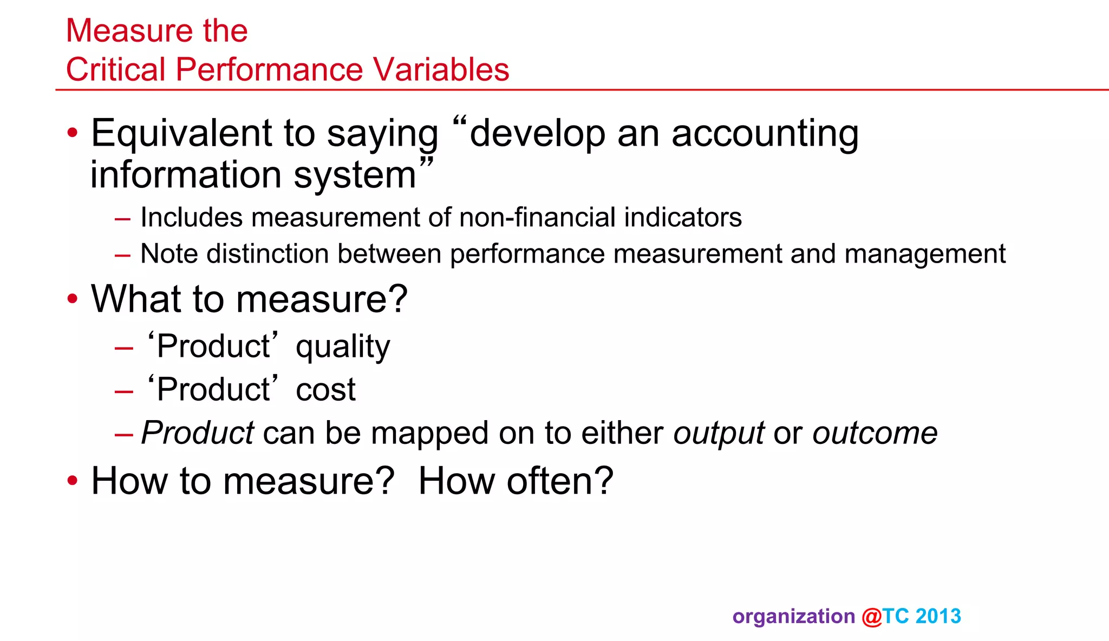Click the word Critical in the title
115,70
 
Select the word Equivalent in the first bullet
181,134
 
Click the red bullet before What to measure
73,299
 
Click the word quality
342,347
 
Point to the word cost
325,390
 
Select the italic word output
719,434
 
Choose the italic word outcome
875,434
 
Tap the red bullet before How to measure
73,481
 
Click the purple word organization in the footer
793,617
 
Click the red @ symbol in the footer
871,617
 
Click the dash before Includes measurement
123,219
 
